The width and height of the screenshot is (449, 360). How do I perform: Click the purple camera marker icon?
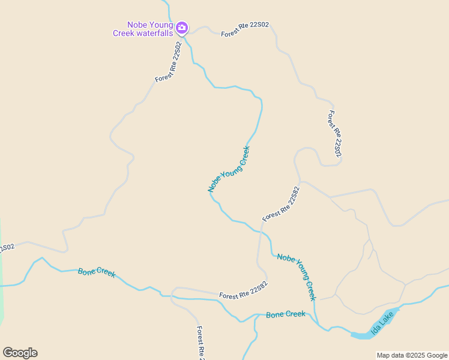click(182, 28)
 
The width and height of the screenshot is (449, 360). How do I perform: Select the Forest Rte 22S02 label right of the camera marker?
click(245, 29)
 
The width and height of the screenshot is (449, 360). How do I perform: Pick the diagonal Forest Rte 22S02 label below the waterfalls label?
click(168, 62)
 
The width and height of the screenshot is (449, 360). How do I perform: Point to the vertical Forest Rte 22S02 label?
click(335, 134)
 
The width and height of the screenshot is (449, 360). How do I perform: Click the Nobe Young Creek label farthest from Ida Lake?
click(229, 169)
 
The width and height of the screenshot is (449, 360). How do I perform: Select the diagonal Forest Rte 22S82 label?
click(281, 204)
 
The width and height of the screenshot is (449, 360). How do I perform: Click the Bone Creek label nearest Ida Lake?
click(286, 314)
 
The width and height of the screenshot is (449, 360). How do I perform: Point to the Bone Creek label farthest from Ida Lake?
click(97, 272)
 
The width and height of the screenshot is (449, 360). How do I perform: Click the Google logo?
click(20, 353)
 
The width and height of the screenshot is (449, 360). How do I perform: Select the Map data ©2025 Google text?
click(412, 355)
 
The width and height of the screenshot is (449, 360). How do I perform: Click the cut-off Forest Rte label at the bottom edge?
click(200, 343)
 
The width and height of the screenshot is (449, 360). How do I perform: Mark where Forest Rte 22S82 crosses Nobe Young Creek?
click(261, 231)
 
